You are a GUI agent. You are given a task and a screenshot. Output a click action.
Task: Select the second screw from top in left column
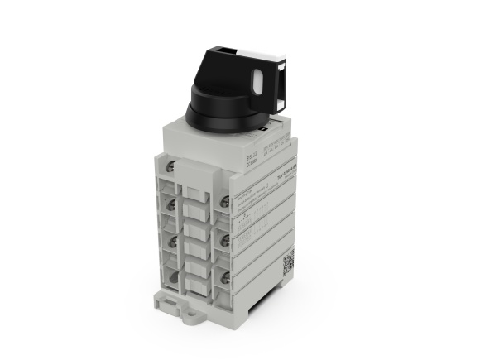coord(171,204)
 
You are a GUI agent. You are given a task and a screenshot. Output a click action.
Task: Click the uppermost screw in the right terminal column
coord(224,200)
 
